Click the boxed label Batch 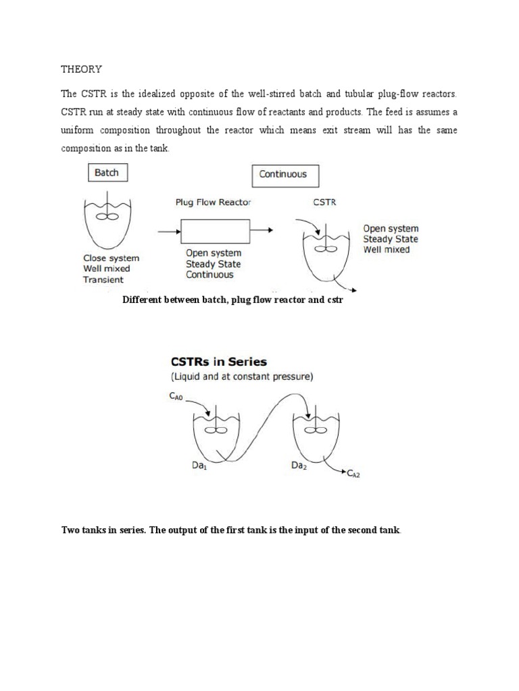(x=106, y=173)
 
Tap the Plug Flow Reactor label (x=212, y=202)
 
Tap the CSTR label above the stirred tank (x=325, y=202)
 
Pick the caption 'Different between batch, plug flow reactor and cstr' (x=232, y=300)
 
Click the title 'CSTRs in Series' (x=214, y=362)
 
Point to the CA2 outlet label (x=355, y=475)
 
